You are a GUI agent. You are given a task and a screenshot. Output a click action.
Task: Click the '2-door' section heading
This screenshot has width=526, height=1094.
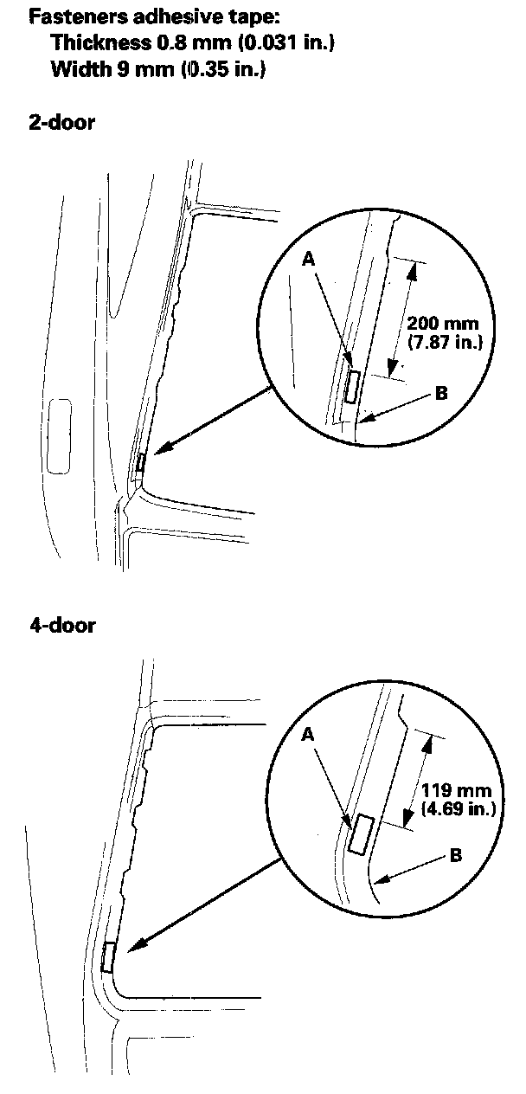click(62, 122)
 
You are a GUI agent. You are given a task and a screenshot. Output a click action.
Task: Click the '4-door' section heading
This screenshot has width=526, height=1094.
click(62, 624)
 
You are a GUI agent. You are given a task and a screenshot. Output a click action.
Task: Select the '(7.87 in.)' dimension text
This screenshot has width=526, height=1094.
click(444, 343)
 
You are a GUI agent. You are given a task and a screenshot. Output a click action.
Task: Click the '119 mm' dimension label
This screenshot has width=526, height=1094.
click(455, 791)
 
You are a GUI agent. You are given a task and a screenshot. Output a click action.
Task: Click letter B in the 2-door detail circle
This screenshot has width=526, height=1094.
click(441, 394)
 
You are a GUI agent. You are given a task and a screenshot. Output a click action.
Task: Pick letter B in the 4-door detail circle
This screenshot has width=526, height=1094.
click(456, 855)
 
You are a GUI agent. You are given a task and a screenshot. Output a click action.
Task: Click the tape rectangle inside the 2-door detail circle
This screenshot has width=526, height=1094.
click(351, 385)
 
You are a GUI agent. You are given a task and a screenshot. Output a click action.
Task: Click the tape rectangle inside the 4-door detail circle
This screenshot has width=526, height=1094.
click(360, 833)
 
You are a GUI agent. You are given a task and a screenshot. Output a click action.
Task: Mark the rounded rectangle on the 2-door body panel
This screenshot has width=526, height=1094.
click(61, 434)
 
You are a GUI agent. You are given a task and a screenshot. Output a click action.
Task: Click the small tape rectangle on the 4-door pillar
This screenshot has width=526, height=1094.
click(108, 956)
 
